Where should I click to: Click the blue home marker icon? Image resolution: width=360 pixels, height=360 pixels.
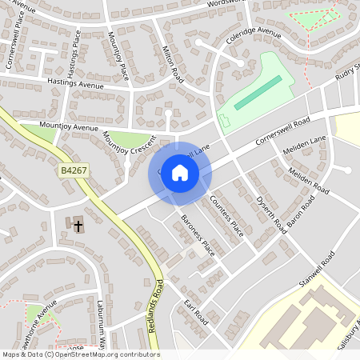[180, 172]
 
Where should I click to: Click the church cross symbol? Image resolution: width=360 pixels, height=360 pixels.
[78, 226]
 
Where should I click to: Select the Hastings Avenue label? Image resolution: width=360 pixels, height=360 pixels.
[76, 82]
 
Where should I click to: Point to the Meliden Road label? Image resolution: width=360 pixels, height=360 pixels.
[308, 181]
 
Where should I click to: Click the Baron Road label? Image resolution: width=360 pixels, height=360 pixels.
[301, 209]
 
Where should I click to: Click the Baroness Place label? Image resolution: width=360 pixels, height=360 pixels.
[197, 236]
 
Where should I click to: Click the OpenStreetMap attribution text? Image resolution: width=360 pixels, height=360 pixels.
[80, 354]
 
